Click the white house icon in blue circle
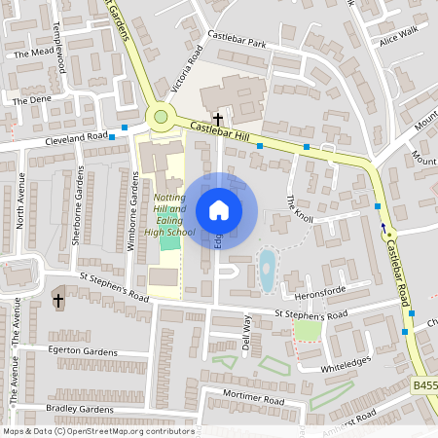tap(219, 210)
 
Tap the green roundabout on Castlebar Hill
tap(160, 118)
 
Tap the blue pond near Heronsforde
tap(267, 272)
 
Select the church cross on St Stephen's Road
tap(57, 300)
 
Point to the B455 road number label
tap(424, 386)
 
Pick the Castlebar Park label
tap(243, 45)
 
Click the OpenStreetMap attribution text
tap(97, 430)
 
